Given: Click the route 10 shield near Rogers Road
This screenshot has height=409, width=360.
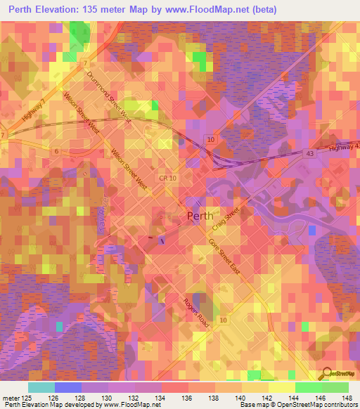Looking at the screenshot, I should (x=223, y=320).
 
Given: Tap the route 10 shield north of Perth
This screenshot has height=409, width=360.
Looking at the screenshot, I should (x=210, y=141).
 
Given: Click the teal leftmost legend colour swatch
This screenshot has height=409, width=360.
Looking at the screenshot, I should (x=41, y=387).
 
